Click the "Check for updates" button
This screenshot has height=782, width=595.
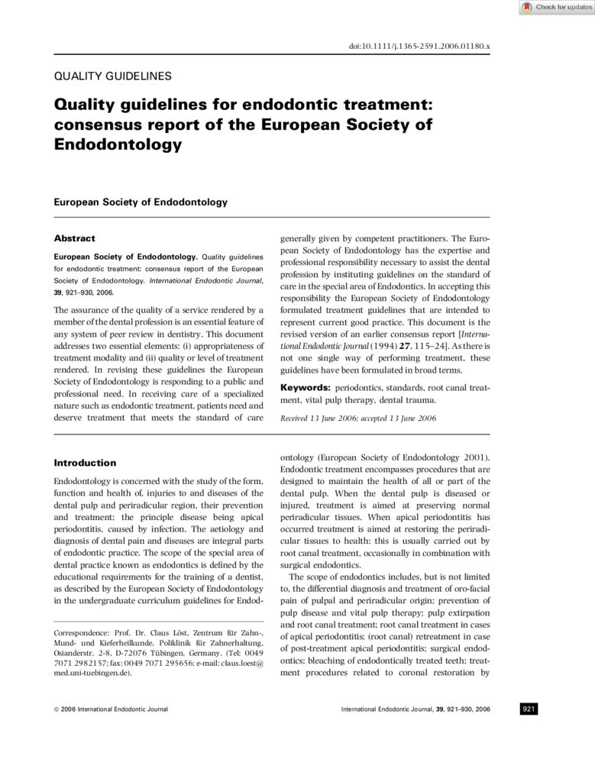point(556,8)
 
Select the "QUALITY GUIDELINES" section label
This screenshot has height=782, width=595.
point(112,76)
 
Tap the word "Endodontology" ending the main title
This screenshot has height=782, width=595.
point(118,144)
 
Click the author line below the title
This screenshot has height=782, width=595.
point(141,202)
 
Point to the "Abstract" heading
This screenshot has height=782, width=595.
point(74,239)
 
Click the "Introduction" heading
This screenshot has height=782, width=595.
point(85,463)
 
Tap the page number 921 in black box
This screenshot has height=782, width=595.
point(529,709)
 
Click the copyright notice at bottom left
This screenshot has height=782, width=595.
point(111,709)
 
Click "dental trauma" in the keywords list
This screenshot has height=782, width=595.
point(409,399)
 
